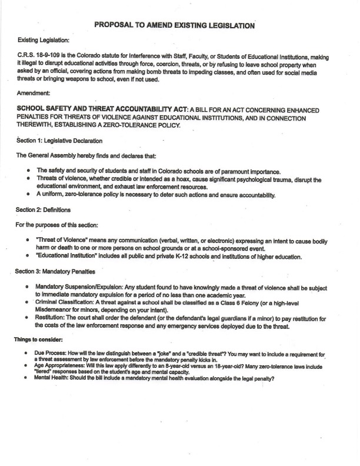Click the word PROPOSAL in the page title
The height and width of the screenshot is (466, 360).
[x=116, y=25]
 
